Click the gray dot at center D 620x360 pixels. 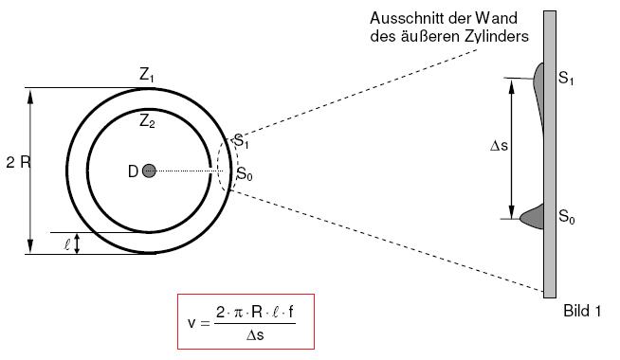(x=149, y=171)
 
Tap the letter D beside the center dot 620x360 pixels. (x=133, y=171)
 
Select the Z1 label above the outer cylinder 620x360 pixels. (x=146, y=75)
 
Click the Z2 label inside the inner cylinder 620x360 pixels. (x=147, y=121)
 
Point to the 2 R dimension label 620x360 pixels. (x=18, y=162)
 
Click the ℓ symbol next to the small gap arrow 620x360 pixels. (x=67, y=244)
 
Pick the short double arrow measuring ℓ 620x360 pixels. (x=78, y=243)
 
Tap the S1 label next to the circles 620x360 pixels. (x=241, y=141)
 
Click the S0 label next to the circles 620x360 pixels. (x=244, y=173)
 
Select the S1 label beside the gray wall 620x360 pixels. (x=566, y=79)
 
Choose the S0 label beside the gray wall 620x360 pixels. (x=566, y=217)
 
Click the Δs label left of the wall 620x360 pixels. (x=499, y=146)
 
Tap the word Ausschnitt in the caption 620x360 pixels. (x=402, y=18)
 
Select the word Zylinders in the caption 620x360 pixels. (x=496, y=36)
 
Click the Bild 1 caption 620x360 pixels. (x=582, y=311)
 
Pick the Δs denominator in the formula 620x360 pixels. (x=255, y=335)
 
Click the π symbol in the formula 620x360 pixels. (x=238, y=313)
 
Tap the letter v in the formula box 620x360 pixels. (x=191, y=323)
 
